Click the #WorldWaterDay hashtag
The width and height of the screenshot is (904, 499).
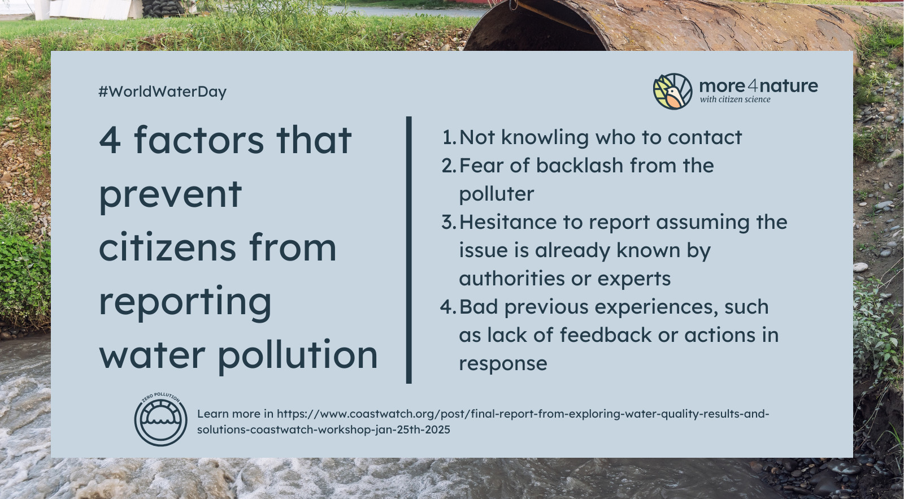[162, 92]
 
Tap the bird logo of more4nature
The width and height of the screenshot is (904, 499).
[672, 91]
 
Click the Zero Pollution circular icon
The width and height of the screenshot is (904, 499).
[160, 419]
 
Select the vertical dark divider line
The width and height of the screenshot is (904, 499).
[409, 250]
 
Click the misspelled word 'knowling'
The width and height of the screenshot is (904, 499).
[545, 138]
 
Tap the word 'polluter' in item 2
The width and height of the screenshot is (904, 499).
[497, 194]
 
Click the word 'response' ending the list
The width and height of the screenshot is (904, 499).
[503, 364]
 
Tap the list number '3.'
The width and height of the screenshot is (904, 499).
[449, 222]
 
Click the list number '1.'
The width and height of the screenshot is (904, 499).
[449, 137]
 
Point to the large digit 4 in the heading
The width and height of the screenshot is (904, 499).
[110, 140]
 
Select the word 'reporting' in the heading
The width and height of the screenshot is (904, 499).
[185, 303]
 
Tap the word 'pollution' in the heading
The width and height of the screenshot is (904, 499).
[298, 354]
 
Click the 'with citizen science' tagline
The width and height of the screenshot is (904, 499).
[735, 99]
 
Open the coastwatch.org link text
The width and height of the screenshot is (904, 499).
[483, 422]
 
